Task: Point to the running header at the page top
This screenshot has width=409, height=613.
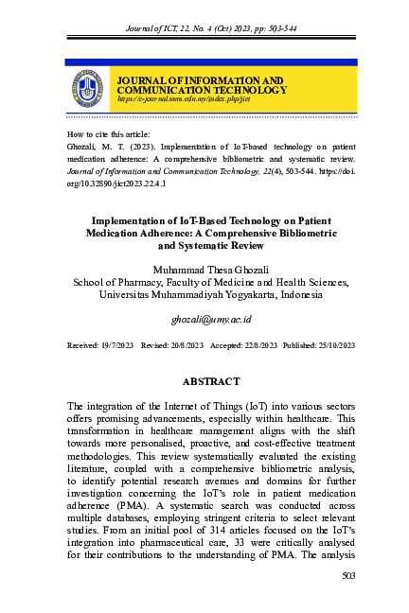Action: click(x=204, y=30)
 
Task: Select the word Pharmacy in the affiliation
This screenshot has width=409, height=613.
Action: click(x=139, y=281)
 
